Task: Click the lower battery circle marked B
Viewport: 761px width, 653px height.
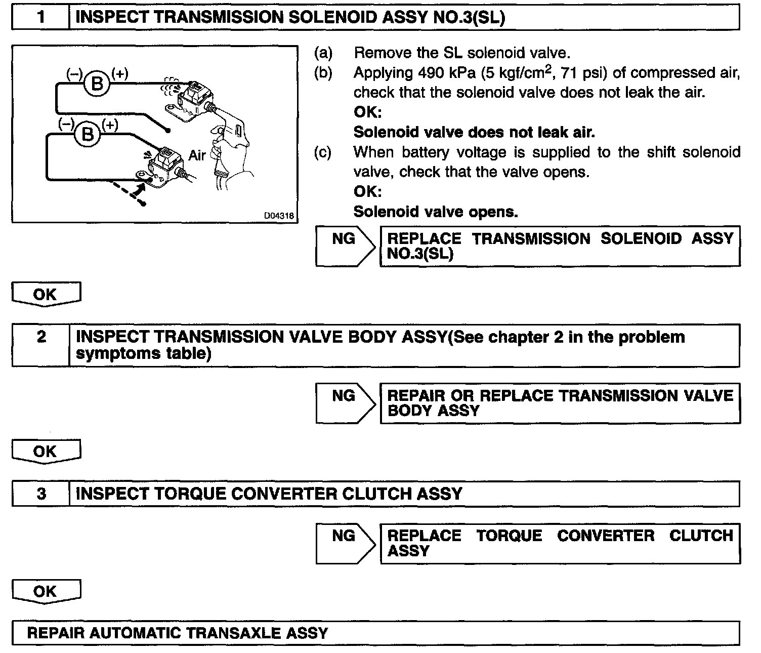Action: (x=88, y=134)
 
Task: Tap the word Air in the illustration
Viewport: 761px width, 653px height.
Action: (x=197, y=155)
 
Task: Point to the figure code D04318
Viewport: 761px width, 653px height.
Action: (x=277, y=216)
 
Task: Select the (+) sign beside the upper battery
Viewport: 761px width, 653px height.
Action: (x=120, y=73)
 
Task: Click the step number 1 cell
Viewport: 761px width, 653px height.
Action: (x=40, y=18)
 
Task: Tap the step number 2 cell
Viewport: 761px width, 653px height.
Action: (x=41, y=337)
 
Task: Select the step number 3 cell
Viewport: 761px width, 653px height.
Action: (x=41, y=494)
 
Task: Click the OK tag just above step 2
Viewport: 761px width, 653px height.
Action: (x=45, y=295)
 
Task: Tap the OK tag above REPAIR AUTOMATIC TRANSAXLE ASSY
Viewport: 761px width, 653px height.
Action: (x=45, y=591)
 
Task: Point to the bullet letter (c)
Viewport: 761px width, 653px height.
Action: (x=323, y=152)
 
